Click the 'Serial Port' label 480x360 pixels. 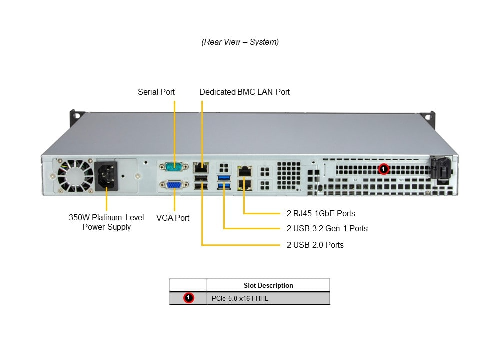pos(156,92)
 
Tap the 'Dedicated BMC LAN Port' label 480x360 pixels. pos(244,92)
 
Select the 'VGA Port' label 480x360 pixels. pos(173,218)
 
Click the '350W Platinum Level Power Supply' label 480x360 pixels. pos(106,222)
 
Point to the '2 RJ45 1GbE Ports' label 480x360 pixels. pos(321,213)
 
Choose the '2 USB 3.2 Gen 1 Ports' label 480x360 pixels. pos(327,228)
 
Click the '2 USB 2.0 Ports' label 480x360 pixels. pos(315,245)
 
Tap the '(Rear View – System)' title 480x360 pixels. pos(240,42)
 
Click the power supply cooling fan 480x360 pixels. pos(75,176)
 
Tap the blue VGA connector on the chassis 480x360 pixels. pos(174,185)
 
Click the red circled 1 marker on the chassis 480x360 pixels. pos(383,169)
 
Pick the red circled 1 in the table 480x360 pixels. pos(188,298)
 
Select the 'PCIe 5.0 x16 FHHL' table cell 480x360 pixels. pos(268,298)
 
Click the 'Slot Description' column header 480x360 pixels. pos(268,285)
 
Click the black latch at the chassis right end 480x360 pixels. pos(441,170)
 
